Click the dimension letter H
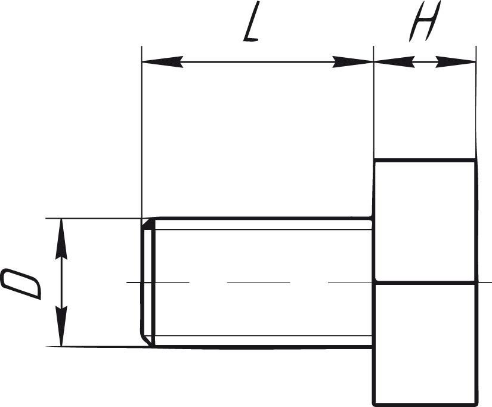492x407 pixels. [x=425, y=21]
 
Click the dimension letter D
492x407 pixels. [x=21, y=284]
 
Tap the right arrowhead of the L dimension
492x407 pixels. [x=352, y=62]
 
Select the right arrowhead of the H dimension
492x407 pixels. [x=456, y=62]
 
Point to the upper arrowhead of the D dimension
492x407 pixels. [x=61, y=239]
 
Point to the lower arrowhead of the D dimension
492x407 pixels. [x=61, y=326]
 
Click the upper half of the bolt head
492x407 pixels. [x=425, y=220]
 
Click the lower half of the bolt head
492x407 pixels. [x=425, y=343]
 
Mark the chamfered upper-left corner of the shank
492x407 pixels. [x=148, y=224]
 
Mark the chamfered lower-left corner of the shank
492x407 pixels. [x=147, y=340]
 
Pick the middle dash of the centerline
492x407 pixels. [x=259, y=282]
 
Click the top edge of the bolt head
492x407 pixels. [x=425, y=160]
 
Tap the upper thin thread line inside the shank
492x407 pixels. [x=263, y=229]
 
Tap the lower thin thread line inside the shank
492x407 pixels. [x=263, y=335]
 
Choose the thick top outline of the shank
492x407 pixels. [x=262, y=218]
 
